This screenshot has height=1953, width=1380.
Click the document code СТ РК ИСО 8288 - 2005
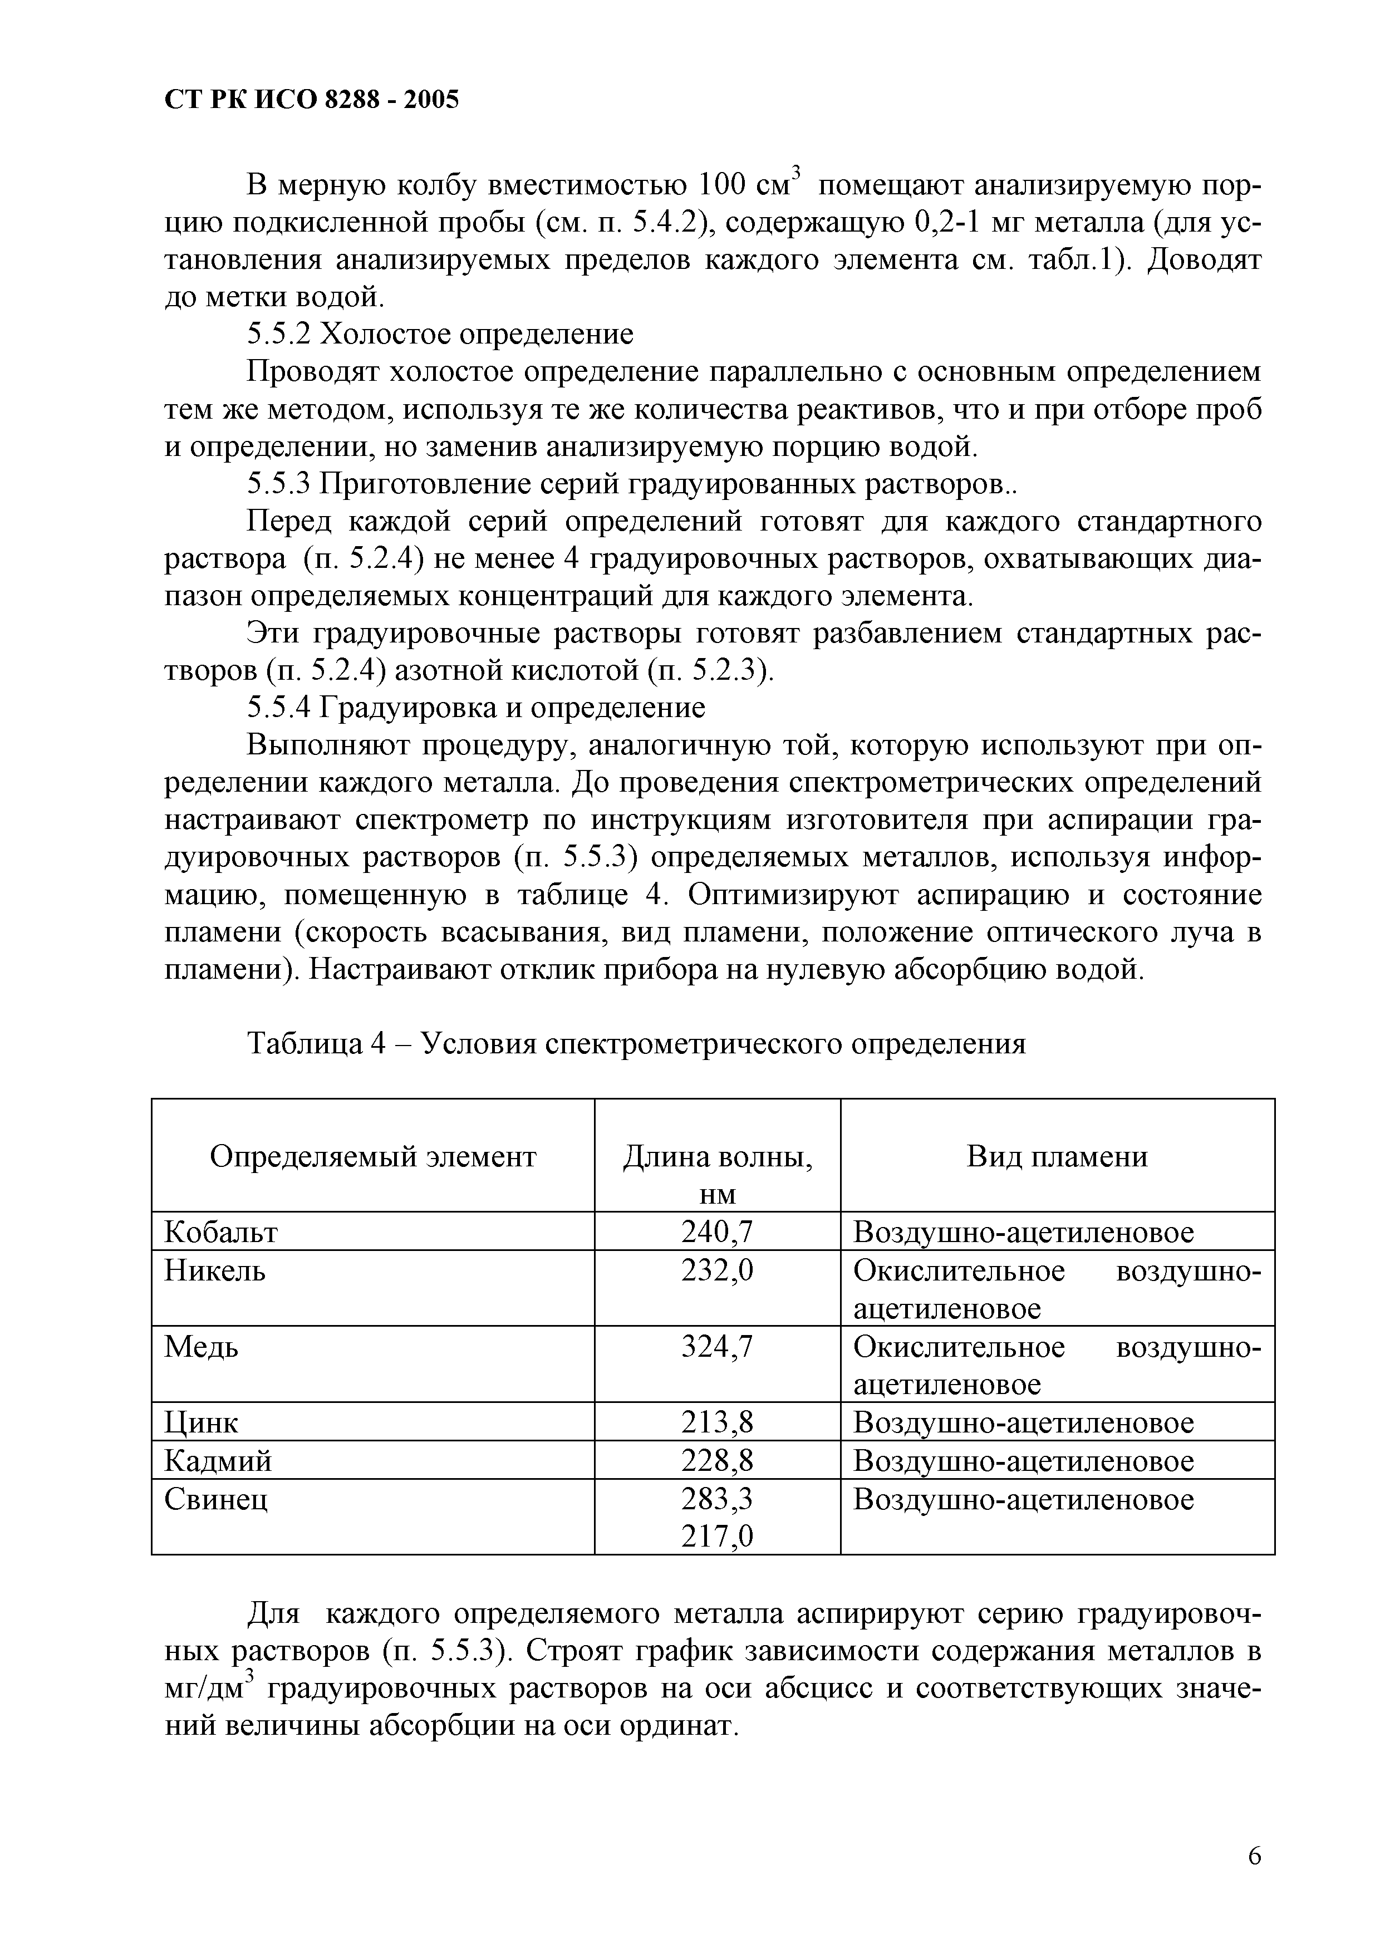311,100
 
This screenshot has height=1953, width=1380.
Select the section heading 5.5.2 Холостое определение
440,334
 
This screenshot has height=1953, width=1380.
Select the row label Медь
202,1347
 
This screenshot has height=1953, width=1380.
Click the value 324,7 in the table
717,1347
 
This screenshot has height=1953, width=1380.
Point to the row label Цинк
202,1422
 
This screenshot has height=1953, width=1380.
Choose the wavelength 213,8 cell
717,1422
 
